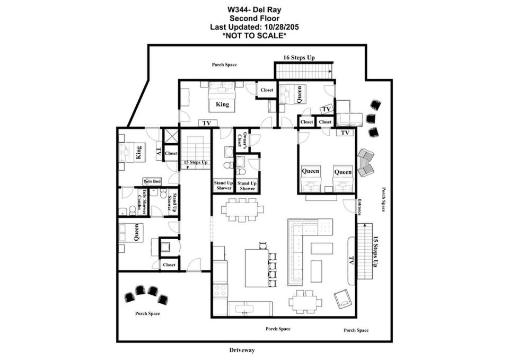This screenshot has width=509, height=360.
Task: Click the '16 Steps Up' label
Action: click(x=299, y=57)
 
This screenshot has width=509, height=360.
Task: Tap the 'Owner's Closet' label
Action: click(x=242, y=139)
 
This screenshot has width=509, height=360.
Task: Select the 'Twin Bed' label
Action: click(x=152, y=181)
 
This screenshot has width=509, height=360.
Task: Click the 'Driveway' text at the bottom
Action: click(x=242, y=350)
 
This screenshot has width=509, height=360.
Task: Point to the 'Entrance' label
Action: click(x=359, y=207)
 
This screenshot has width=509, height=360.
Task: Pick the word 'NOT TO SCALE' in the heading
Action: click(x=254, y=36)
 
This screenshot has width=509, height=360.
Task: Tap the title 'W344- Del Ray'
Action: click(x=254, y=10)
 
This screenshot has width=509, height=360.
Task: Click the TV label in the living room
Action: click(x=351, y=260)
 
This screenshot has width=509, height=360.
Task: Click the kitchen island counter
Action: click(x=257, y=268)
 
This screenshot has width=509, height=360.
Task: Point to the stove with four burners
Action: click(x=220, y=290)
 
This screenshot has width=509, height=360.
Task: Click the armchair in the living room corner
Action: click(x=343, y=299)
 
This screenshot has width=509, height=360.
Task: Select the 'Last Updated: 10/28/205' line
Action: click(x=254, y=27)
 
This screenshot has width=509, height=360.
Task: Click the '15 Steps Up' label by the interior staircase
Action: click(x=196, y=162)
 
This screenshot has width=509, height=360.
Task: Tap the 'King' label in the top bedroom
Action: click(x=222, y=104)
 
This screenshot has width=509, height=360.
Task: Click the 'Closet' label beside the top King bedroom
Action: click(x=267, y=90)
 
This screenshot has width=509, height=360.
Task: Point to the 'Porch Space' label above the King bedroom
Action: click(x=224, y=65)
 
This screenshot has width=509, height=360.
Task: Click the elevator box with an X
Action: click(x=171, y=136)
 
